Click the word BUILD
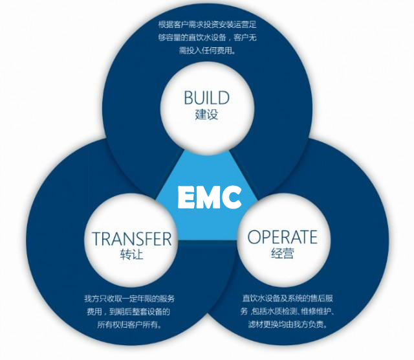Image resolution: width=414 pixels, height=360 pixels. pyautogui.click(x=206, y=98)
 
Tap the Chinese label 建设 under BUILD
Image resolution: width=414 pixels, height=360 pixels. pyautogui.click(x=206, y=115)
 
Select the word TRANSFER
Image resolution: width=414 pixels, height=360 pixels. pyautogui.click(x=131, y=238)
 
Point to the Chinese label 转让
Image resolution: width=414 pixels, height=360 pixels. pyautogui.click(x=131, y=254)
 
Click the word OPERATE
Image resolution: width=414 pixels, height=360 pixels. pyautogui.click(x=282, y=237)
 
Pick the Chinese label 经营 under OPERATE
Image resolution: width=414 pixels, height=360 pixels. pyautogui.click(x=282, y=253)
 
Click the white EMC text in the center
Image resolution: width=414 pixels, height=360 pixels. pyautogui.click(x=210, y=197)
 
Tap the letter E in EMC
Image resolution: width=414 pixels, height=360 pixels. pyautogui.click(x=187, y=197)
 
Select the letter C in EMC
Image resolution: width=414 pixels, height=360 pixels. pyautogui.click(x=232, y=197)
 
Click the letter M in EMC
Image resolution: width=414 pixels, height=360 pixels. pyautogui.click(x=210, y=197)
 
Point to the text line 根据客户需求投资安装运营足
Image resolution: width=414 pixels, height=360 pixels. pyautogui.click(x=207, y=25)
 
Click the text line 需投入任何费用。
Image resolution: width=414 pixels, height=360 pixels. pyautogui.click(x=207, y=51)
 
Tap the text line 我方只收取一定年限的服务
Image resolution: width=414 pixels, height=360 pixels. pyautogui.click(x=129, y=298)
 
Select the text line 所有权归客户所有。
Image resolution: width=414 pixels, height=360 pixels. pyautogui.click(x=129, y=324)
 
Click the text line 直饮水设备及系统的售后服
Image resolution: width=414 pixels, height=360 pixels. pyautogui.click(x=287, y=298)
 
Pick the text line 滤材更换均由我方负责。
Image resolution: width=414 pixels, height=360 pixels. pyautogui.click(x=287, y=324)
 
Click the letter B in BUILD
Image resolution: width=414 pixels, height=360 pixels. pyautogui.click(x=188, y=98)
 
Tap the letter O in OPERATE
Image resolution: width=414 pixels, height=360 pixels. pyautogui.click(x=254, y=237)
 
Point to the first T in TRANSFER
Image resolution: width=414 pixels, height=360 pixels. pyautogui.click(x=96, y=239)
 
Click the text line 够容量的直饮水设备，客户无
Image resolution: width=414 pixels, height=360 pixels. pyautogui.click(x=207, y=38)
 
